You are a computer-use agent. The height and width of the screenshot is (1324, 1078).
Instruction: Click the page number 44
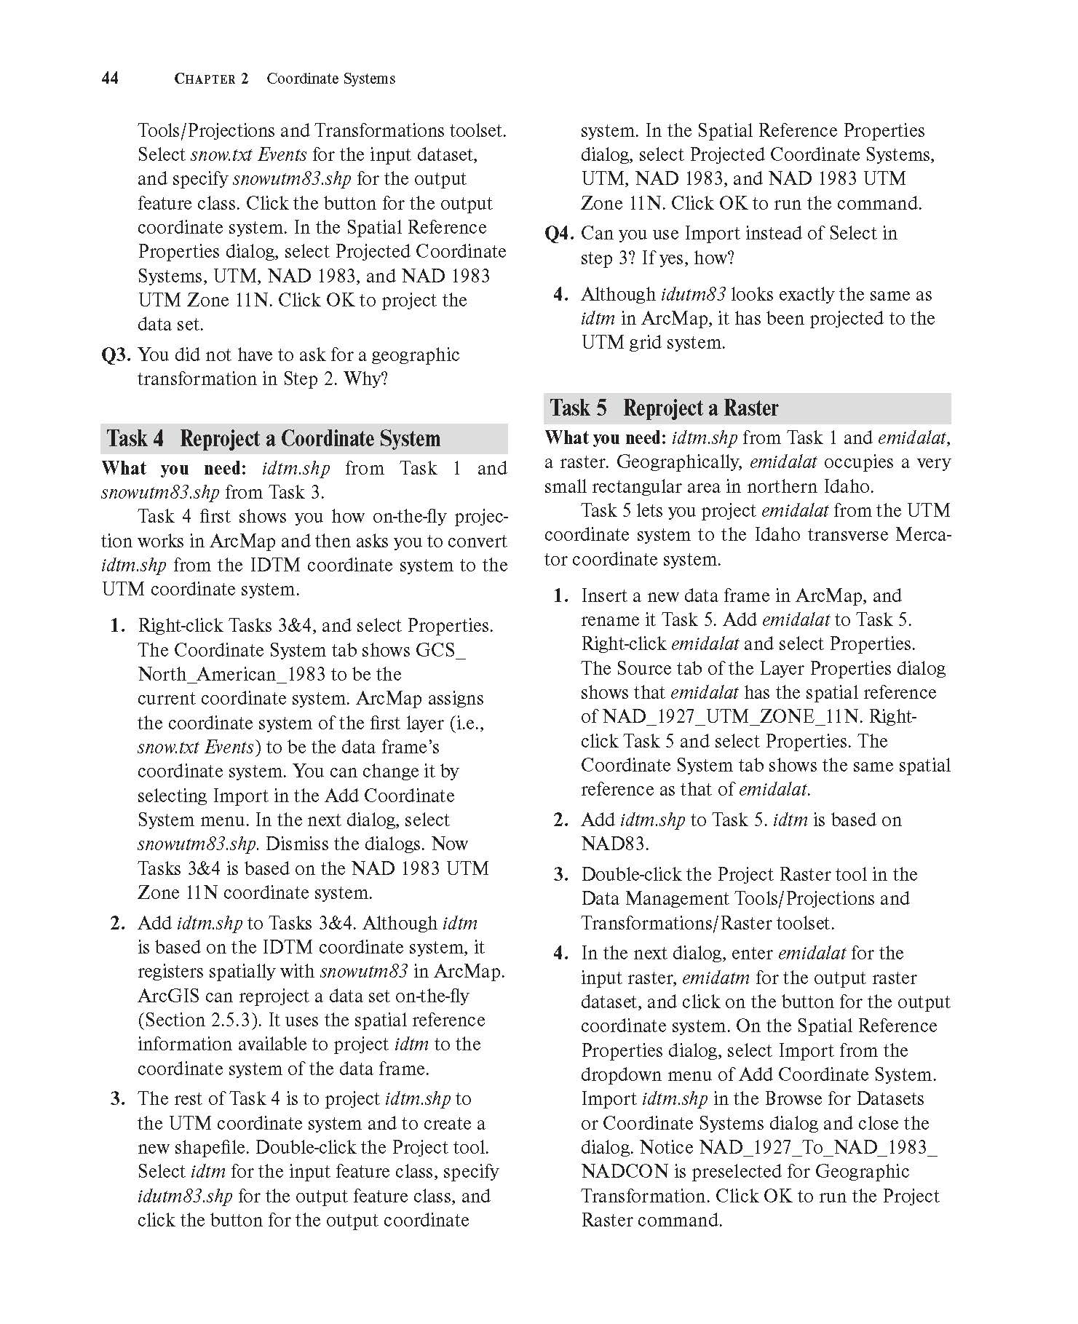(x=110, y=78)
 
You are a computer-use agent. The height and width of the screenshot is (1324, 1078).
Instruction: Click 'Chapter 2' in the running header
(x=211, y=79)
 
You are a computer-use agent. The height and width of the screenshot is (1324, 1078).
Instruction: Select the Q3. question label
(x=116, y=355)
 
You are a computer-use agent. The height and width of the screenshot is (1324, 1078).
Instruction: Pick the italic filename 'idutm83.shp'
(x=185, y=1196)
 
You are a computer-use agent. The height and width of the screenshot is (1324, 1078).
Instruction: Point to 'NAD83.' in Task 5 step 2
(x=614, y=844)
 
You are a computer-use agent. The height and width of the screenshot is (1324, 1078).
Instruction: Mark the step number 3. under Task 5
(x=561, y=875)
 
